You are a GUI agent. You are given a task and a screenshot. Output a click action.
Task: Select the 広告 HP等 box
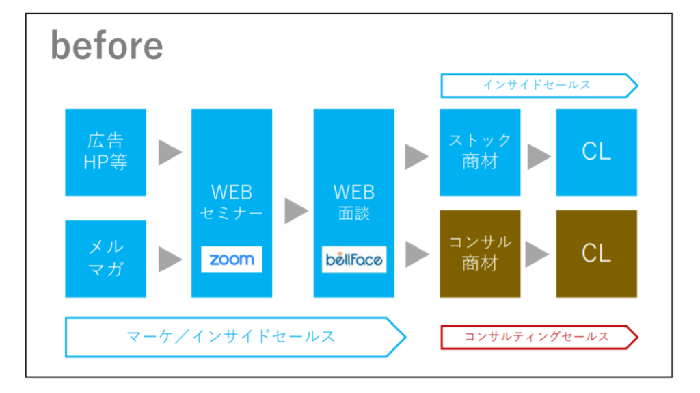click(x=105, y=152)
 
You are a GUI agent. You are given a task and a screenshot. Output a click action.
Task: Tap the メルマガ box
click(x=105, y=258)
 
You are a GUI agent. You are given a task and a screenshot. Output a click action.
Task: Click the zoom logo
click(x=231, y=259)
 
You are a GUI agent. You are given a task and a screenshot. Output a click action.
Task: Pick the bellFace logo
click(x=354, y=259)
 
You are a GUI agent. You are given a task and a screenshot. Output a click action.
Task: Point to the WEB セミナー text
click(x=231, y=202)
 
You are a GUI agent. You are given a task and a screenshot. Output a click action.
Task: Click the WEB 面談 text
click(x=354, y=202)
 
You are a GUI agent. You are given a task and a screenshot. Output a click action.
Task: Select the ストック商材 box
click(x=480, y=152)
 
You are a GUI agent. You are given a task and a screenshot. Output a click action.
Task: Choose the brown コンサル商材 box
click(x=480, y=253)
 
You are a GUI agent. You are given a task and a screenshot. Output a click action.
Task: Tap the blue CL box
click(x=596, y=152)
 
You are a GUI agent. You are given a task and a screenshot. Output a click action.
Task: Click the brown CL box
click(x=596, y=253)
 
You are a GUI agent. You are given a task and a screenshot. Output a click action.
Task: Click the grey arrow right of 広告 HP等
click(x=170, y=153)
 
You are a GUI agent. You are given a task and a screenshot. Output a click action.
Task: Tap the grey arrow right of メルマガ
click(x=170, y=259)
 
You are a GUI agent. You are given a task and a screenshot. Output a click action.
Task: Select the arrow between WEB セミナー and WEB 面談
click(x=297, y=211)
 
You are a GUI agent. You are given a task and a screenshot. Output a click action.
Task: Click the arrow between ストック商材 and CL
click(x=539, y=157)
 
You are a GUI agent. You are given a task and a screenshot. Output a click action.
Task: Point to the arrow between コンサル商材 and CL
click(x=537, y=255)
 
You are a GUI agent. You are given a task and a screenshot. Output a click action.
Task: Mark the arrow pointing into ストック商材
click(x=417, y=157)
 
